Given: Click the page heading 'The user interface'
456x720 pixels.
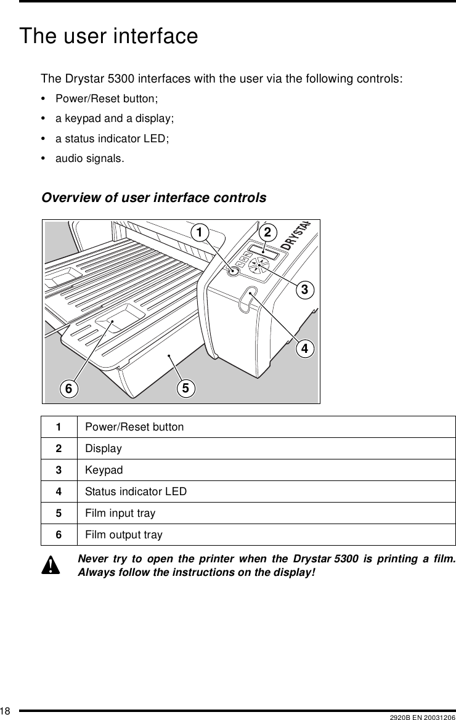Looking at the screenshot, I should click(x=109, y=36).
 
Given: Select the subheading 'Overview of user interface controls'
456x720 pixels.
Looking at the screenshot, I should click(x=153, y=198).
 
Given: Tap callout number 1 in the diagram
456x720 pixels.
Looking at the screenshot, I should click(x=198, y=232).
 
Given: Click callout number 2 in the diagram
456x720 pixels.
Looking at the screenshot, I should click(x=267, y=232).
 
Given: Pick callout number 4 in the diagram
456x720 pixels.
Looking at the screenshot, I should click(x=303, y=349).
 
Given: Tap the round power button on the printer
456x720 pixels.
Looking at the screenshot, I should click(x=233, y=271).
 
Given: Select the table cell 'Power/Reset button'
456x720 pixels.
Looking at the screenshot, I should click(x=134, y=427).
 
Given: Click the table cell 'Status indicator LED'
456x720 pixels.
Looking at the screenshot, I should click(x=136, y=491).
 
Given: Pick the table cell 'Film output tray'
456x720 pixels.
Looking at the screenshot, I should click(x=124, y=535).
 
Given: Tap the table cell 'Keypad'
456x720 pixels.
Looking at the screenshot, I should click(x=104, y=470).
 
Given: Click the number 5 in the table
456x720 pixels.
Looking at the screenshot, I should click(x=59, y=513).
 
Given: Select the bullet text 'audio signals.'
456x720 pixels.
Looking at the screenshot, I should click(x=89, y=158).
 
